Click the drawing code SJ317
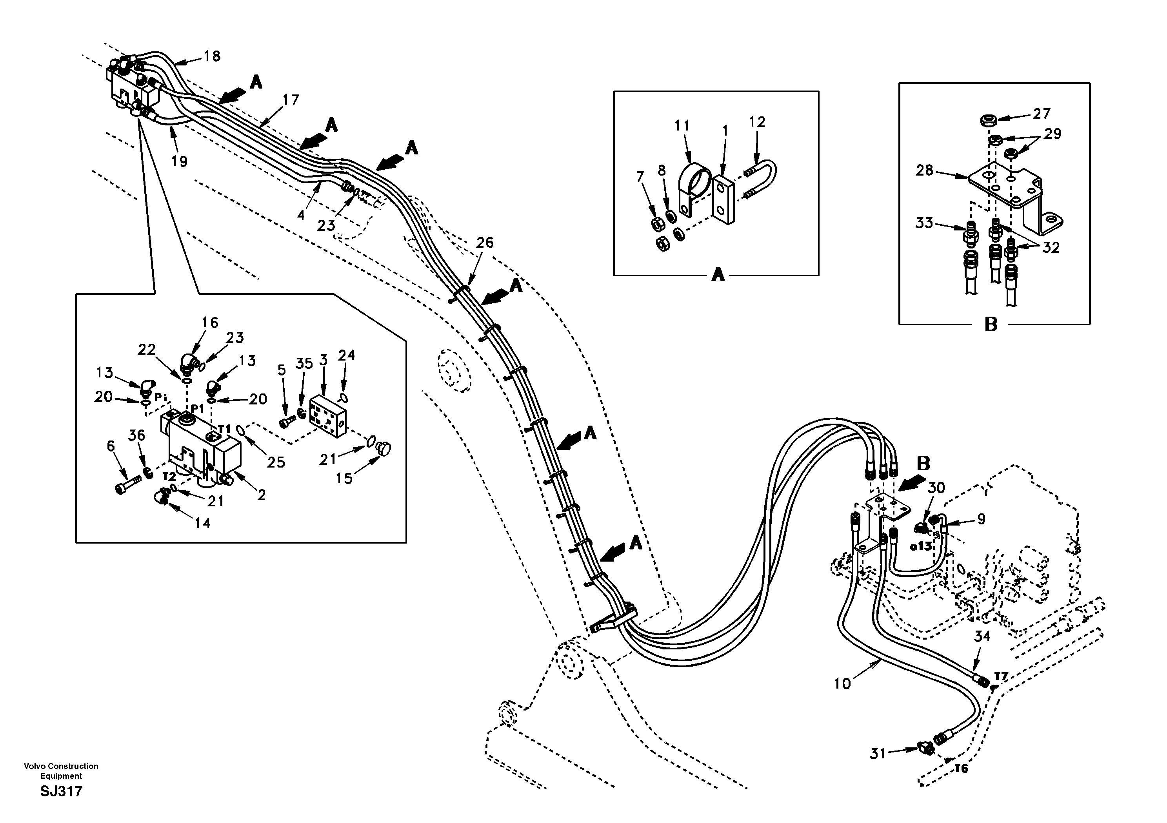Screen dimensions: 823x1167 point(61,792)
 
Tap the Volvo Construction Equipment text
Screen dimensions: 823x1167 point(61,770)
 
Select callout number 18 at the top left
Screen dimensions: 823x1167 point(212,56)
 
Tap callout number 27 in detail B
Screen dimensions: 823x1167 point(1042,113)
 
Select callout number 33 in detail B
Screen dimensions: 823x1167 point(924,223)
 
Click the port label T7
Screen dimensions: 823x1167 point(1001,676)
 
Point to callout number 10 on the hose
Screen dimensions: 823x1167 point(842,684)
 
